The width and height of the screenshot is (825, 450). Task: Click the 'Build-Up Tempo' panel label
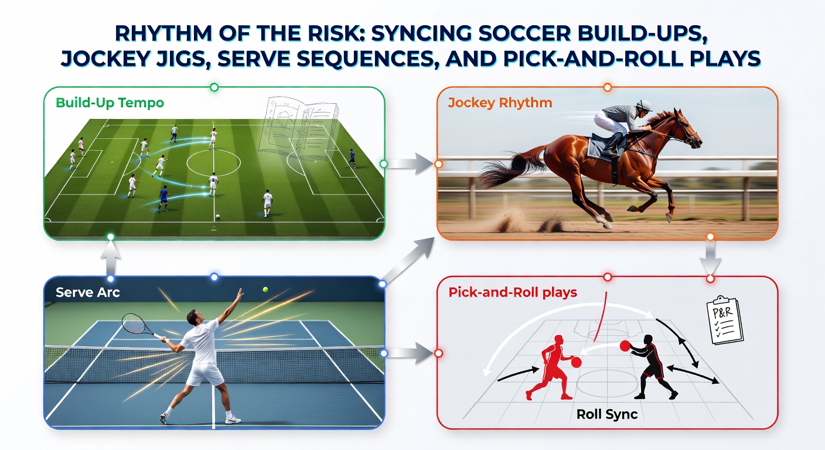point(110,103)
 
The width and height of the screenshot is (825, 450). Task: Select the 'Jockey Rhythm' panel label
point(500,103)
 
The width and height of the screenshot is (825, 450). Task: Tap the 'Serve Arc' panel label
point(88,292)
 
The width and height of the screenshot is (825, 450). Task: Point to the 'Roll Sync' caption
point(607,414)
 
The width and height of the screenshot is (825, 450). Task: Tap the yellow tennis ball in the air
point(265,289)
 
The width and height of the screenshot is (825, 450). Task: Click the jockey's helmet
point(644,106)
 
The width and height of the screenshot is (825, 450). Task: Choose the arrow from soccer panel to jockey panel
point(411,164)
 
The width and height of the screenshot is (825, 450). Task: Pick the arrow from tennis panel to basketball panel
point(411,353)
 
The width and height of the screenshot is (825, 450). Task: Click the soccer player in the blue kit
point(164,198)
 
